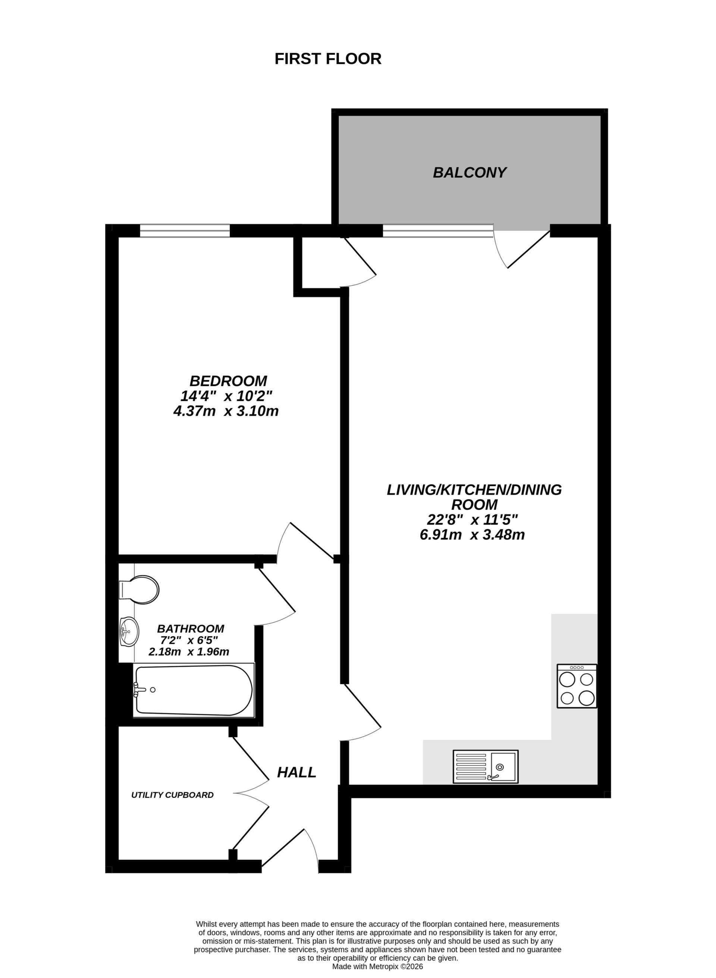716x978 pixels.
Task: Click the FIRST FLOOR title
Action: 328,59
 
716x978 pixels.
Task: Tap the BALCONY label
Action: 470,173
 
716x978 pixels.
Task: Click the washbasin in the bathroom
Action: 129,632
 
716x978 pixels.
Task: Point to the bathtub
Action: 193,690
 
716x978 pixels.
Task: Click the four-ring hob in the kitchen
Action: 577,686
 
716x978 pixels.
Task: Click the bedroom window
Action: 185,230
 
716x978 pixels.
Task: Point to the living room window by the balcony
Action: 438,230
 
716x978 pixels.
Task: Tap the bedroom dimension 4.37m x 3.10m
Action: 226,411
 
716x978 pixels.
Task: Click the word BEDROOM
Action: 228,381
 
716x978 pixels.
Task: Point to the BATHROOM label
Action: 190,628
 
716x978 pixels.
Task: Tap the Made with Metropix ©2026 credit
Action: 377,966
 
